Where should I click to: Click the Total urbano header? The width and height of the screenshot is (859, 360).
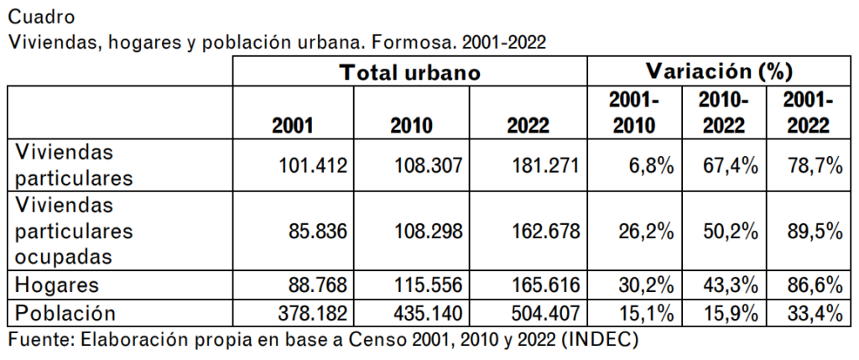[409, 72]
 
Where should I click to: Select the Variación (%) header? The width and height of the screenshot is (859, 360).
[720, 70]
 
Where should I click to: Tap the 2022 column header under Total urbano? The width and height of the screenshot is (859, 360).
[528, 126]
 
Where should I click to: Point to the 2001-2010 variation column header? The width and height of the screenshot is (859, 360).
[634, 113]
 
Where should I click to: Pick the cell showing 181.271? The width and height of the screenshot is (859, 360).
[546, 166]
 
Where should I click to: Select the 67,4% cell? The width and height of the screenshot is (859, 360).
[730, 166]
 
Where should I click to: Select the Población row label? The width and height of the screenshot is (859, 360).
[65, 313]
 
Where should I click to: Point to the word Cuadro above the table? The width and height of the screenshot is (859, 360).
[39, 16]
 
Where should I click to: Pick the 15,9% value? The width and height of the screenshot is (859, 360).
[730, 314]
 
